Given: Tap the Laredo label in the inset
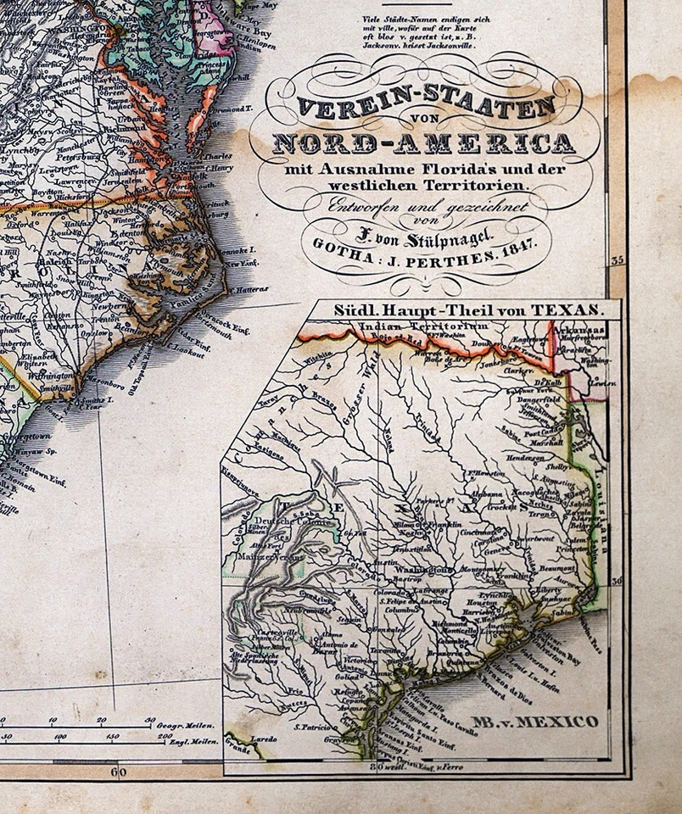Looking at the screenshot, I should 265,739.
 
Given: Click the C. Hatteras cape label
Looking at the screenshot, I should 245,289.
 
